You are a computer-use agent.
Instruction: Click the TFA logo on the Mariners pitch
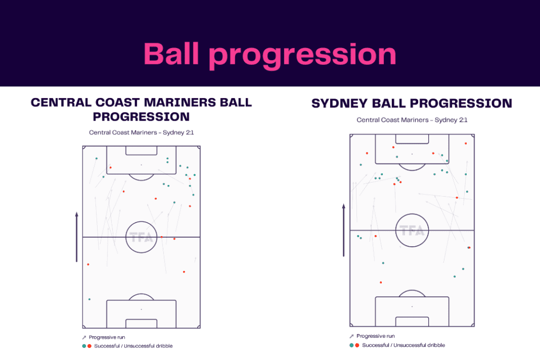click(141, 237)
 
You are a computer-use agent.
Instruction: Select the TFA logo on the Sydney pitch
click(412, 230)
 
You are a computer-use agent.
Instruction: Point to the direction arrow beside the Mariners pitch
click(76, 237)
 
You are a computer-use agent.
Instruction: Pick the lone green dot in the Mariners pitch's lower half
click(89, 299)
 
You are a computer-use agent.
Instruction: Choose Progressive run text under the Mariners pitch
click(107, 337)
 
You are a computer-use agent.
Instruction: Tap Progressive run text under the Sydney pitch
click(375, 336)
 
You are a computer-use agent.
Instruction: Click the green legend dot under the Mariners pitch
click(83, 346)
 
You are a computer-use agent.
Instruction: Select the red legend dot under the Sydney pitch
click(357, 345)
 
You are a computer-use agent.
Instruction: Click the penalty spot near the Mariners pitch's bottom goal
click(141, 309)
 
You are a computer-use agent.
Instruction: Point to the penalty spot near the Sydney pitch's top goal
click(412, 154)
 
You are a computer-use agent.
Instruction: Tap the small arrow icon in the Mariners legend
click(83, 337)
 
